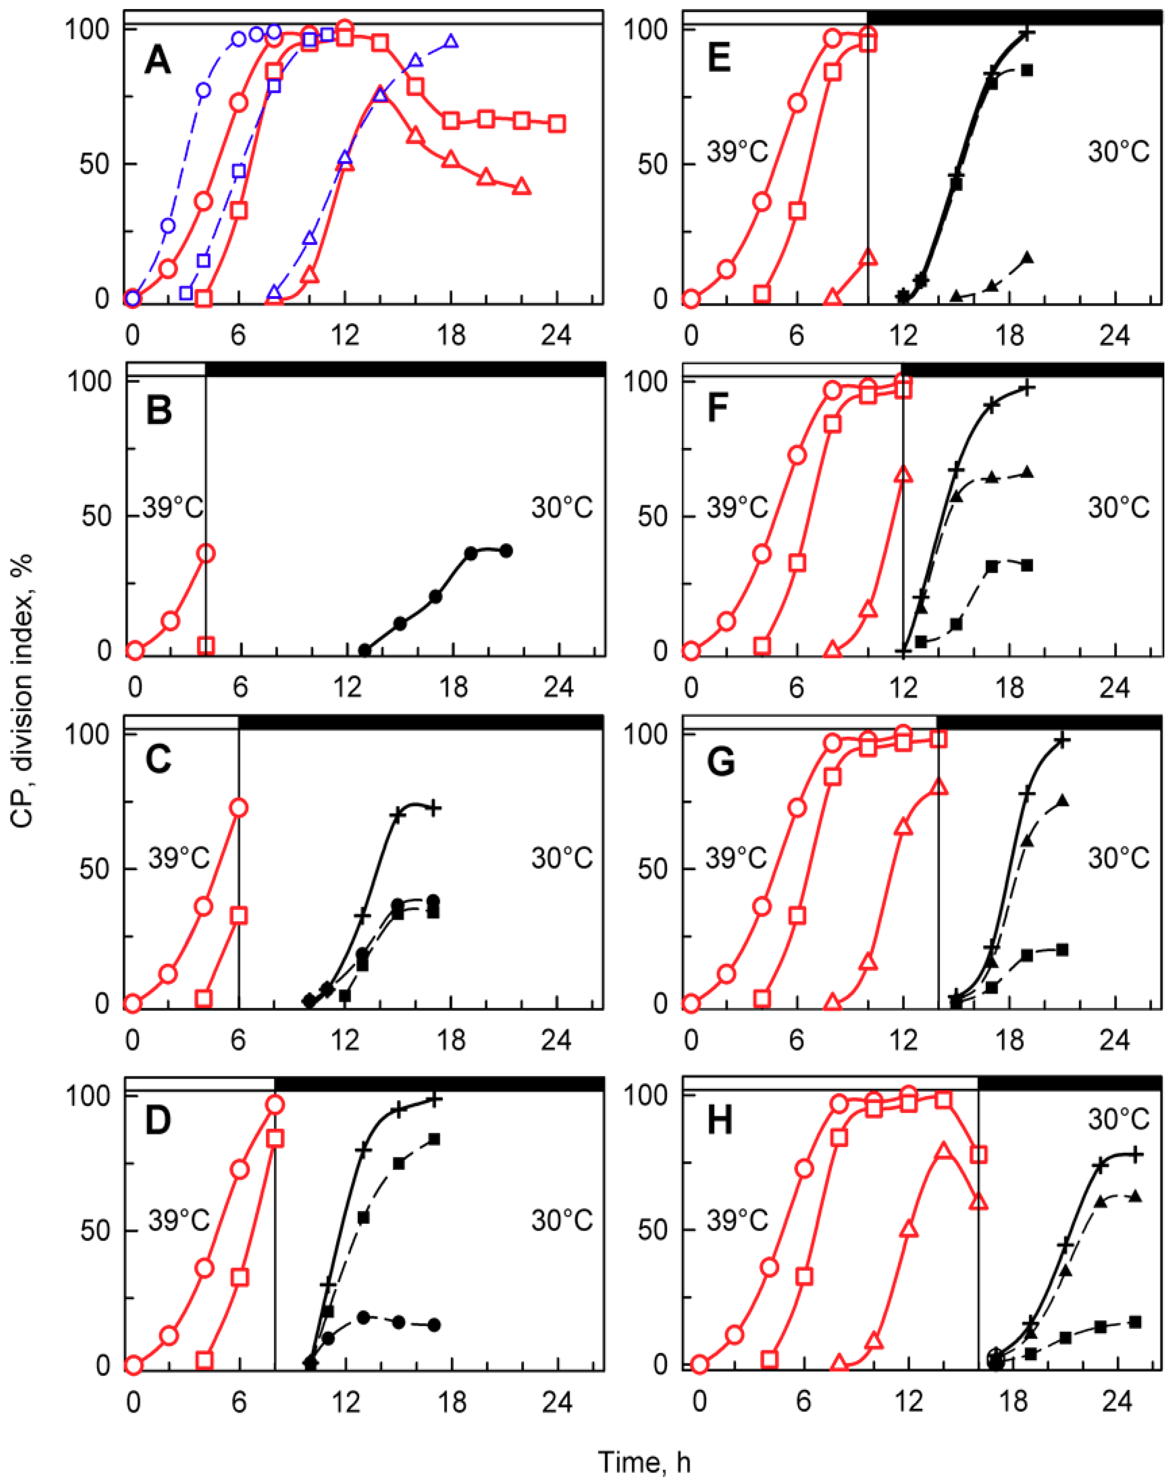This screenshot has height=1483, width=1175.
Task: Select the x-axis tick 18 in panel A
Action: click(451, 336)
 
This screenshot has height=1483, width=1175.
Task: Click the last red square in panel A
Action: click(557, 124)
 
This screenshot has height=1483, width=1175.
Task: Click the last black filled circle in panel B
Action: click(506, 550)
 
